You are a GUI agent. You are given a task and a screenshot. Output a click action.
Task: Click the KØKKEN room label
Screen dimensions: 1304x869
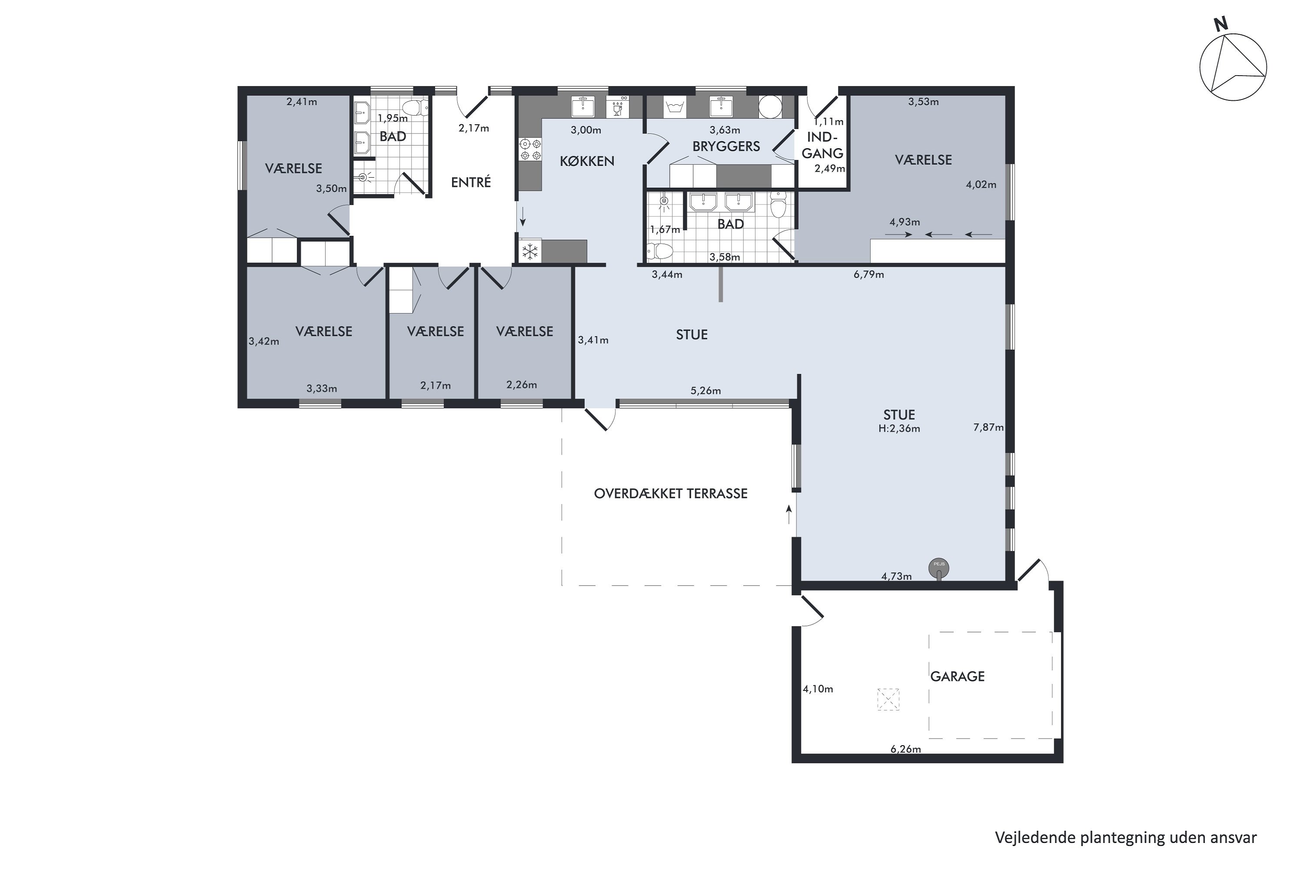point(587,161)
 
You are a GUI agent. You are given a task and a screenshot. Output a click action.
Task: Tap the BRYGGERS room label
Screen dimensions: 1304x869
point(726,146)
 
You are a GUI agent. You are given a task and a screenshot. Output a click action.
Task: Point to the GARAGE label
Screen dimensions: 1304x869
point(958,676)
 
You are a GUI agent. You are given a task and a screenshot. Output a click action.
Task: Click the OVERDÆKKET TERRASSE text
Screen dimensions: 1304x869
point(671,493)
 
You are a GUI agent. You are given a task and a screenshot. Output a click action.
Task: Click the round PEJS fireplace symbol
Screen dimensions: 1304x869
point(938,567)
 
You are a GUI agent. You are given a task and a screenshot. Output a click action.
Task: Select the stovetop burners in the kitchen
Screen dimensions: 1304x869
point(529,149)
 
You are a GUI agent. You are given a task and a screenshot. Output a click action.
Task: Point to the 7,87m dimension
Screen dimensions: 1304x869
point(988,427)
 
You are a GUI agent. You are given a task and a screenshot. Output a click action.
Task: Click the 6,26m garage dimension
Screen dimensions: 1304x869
point(905,749)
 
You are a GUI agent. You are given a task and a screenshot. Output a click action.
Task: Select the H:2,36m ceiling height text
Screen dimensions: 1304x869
point(899,428)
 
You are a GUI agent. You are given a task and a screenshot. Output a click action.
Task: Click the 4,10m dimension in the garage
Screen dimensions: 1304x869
point(818,689)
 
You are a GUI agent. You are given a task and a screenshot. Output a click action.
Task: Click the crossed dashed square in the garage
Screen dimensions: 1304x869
point(888,700)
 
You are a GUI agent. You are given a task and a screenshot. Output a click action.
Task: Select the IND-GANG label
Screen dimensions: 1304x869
point(823,145)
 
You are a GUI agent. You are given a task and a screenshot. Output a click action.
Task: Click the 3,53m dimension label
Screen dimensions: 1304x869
point(923,101)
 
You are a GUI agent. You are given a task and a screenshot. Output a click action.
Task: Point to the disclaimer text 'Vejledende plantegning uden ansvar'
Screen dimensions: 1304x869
point(1125,837)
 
